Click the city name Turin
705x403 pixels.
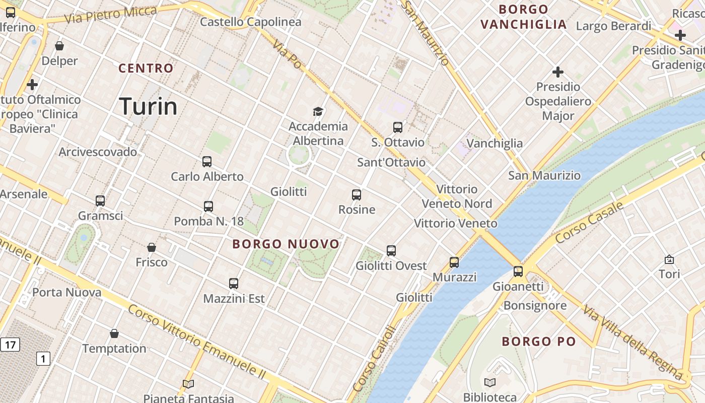[x=149, y=106]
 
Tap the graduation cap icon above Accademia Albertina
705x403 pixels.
[x=318, y=111]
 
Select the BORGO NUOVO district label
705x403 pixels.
[x=286, y=244]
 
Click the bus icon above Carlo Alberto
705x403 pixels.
[x=207, y=162]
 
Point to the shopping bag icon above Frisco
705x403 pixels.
[x=152, y=247]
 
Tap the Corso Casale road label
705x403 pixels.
[x=590, y=223]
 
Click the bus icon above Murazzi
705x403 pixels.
[x=454, y=262]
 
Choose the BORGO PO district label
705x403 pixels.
[x=539, y=342]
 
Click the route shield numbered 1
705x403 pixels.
[x=43, y=359]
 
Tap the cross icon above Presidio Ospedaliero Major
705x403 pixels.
[x=557, y=72]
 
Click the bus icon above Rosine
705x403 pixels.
[x=357, y=194]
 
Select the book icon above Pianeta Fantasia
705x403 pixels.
[x=188, y=384]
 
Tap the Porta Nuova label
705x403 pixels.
[x=67, y=292]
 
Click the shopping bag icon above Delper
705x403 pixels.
[x=59, y=46]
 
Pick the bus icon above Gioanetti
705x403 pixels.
[x=518, y=272]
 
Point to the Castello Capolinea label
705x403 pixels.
[x=251, y=22]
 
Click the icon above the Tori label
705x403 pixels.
[x=669, y=259]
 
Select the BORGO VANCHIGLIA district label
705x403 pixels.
[x=524, y=17]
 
